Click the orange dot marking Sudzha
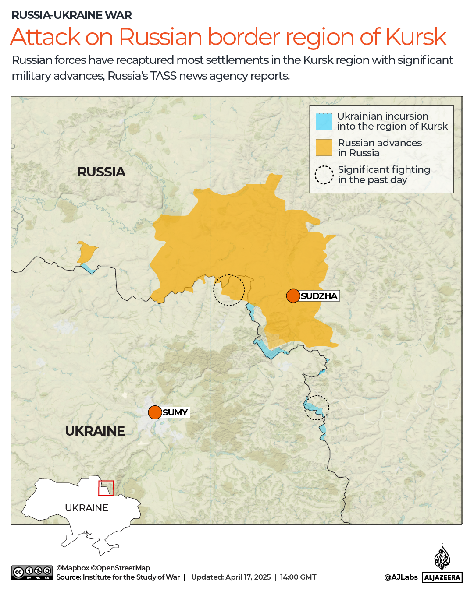[x=293, y=296]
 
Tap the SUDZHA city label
[x=319, y=296]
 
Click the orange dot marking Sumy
[x=155, y=412]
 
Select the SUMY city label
[x=175, y=412]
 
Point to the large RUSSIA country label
[x=101, y=172]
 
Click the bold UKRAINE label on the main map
[x=95, y=431]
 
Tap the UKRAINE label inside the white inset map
[x=86, y=508]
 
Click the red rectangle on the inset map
[x=106, y=488]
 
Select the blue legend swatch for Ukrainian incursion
[x=324, y=121]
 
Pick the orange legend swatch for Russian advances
[x=324, y=148]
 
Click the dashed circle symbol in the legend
[x=324, y=175]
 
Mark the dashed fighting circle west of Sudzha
[x=229, y=290]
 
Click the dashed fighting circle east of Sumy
[x=317, y=408]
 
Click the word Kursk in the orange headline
[x=416, y=37]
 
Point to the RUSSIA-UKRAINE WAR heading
[x=71, y=15]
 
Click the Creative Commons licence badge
[x=32, y=573]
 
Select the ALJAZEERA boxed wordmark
[x=442, y=577]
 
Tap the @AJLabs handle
[x=401, y=577]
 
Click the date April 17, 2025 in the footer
[x=248, y=577]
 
